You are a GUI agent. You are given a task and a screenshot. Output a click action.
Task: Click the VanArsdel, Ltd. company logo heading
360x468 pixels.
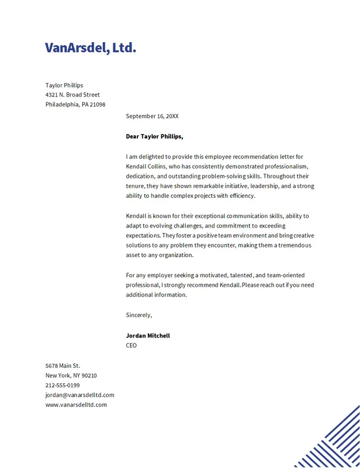91,47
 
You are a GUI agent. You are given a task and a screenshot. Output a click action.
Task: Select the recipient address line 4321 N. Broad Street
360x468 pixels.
72,95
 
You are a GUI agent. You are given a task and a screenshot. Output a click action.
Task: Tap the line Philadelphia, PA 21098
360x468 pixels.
75,105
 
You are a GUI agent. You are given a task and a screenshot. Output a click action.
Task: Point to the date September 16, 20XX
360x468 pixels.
152,116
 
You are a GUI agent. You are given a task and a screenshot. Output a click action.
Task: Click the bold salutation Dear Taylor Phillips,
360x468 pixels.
154,136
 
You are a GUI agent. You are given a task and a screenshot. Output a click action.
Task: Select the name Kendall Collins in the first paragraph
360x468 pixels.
146,166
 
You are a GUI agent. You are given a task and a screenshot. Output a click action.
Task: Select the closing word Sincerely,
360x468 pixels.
139,315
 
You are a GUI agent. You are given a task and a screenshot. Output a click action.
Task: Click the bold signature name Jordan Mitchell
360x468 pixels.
148,336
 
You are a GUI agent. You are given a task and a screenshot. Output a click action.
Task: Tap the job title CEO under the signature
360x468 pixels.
131,346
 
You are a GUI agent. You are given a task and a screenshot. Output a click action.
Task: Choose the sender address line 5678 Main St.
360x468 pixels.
63,366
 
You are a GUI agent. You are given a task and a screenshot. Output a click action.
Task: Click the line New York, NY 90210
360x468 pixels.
71,376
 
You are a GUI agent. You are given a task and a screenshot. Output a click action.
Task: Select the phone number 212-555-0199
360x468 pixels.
63,386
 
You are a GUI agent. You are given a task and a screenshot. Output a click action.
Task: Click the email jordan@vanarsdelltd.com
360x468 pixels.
80,395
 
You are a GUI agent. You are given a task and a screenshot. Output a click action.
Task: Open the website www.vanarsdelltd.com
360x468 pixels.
76,405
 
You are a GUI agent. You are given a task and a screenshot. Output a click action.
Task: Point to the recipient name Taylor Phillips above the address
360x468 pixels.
64,85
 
